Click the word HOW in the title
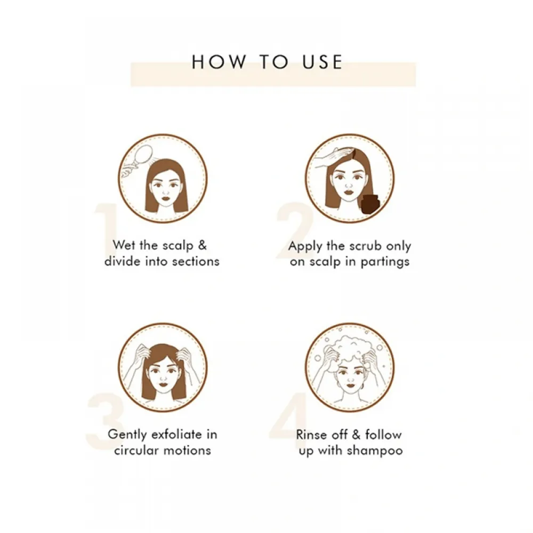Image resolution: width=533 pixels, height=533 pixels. (x=219, y=62)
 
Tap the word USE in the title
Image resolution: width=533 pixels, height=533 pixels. (x=322, y=62)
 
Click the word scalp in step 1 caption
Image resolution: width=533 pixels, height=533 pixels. (x=178, y=246)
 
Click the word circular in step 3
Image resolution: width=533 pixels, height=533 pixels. (x=136, y=450)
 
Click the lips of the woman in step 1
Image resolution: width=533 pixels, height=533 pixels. (x=165, y=198)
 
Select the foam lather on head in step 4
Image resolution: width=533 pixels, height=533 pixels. (x=350, y=350)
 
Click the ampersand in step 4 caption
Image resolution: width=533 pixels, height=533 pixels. (x=356, y=434)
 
